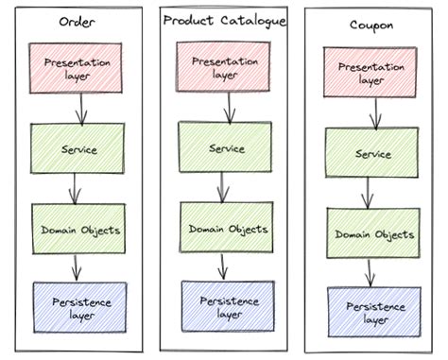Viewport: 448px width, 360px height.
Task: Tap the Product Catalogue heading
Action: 224,20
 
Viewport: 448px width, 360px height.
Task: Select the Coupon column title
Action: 365,26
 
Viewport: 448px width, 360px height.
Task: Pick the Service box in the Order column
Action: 78,148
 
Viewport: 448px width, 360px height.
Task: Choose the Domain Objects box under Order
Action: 78,229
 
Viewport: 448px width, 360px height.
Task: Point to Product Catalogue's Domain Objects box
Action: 227,228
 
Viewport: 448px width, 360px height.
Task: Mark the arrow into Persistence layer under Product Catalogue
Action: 223,266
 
